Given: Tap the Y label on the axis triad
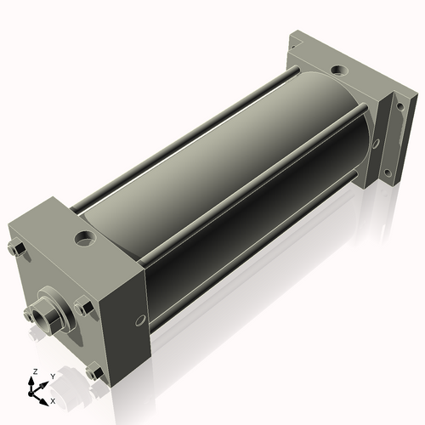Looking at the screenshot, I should pos(51,375).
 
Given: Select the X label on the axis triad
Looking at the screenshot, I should pos(53,399).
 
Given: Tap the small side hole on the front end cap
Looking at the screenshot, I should pos(135,323).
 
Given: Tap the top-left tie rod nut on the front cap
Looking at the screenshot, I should pos(16,249).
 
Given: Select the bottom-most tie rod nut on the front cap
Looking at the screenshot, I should pos(93,371).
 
